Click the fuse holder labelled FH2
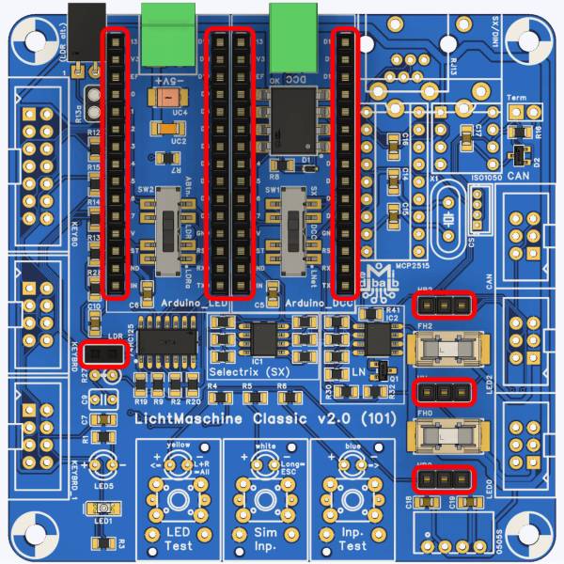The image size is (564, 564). coord(446,352)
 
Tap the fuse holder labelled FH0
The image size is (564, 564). coord(446,436)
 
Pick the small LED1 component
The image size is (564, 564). coord(103,509)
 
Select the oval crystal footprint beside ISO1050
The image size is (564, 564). coord(448,218)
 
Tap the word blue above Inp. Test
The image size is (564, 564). coord(352,444)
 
